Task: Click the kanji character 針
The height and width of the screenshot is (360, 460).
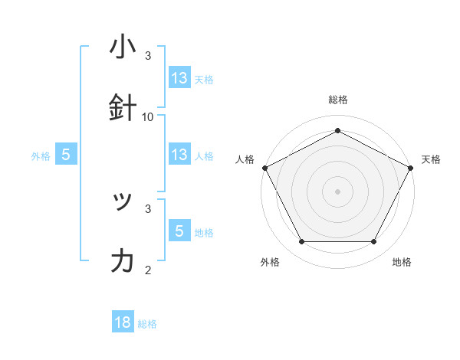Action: coord(123,106)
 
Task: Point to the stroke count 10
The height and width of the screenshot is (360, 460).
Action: coord(148,116)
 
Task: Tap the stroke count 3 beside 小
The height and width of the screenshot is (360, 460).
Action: coord(148,56)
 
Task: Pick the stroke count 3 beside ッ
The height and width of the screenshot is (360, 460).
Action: coord(148,208)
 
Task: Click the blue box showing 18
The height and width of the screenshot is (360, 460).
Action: coord(123,322)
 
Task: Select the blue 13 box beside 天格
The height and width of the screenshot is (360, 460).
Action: coord(179,78)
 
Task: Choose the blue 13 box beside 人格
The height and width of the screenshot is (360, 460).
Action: coord(179,155)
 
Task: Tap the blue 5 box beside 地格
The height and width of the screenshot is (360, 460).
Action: coord(179,231)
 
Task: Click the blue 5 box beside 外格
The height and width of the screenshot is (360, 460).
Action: coord(66,155)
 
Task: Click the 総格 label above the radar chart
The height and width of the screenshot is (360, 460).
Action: coord(338,100)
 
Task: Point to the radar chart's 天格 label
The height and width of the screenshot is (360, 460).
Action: coord(431,159)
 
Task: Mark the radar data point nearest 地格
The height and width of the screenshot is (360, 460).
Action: coord(374,242)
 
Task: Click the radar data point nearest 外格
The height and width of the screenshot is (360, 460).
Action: coord(301,242)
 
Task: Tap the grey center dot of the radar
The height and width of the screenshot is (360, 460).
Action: coord(337,191)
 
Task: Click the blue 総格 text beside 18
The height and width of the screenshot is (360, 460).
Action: coord(147,324)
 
